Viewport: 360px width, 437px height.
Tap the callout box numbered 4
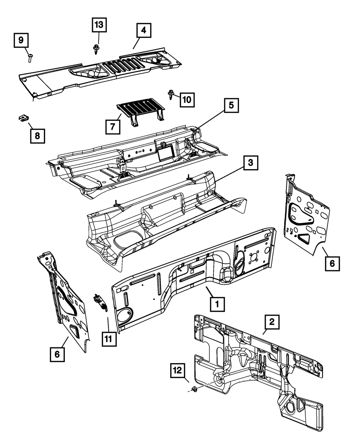tap(143, 31)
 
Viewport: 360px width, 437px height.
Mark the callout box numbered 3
tap(250, 163)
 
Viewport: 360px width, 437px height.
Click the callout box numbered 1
tap(217, 304)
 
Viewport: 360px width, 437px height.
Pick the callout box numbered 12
tap(179, 370)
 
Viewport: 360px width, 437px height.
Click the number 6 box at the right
tap(332, 263)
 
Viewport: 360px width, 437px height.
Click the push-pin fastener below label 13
tap(96, 49)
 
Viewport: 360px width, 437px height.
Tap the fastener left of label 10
tap(171, 95)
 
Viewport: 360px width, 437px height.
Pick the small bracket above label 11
tap(100, 301)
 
